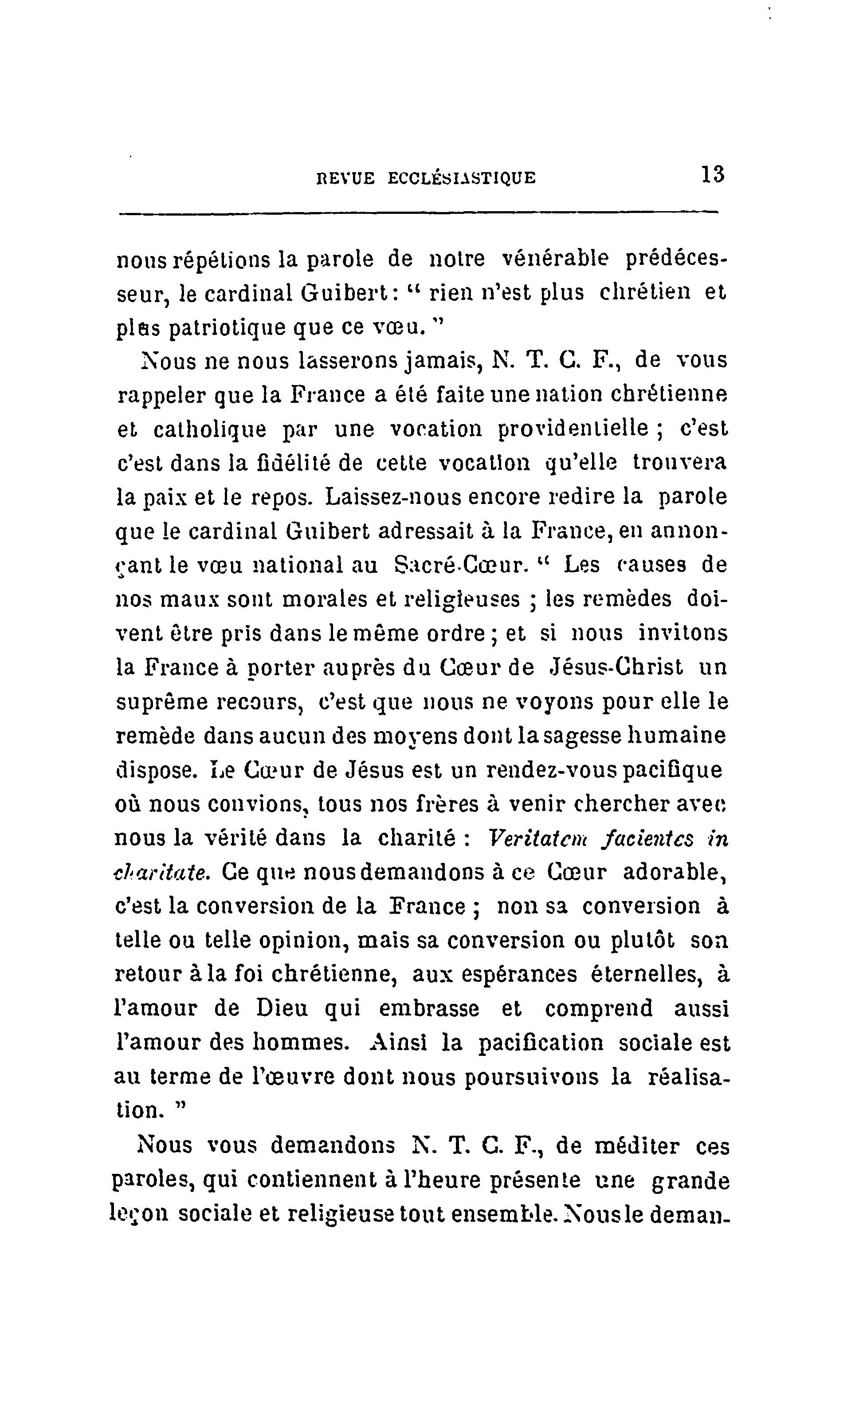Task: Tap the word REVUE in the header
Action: pos(345,178)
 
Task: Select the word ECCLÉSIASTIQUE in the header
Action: pos(462,178)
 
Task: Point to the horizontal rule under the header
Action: pos(419,213)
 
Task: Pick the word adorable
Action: pos(675,872)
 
